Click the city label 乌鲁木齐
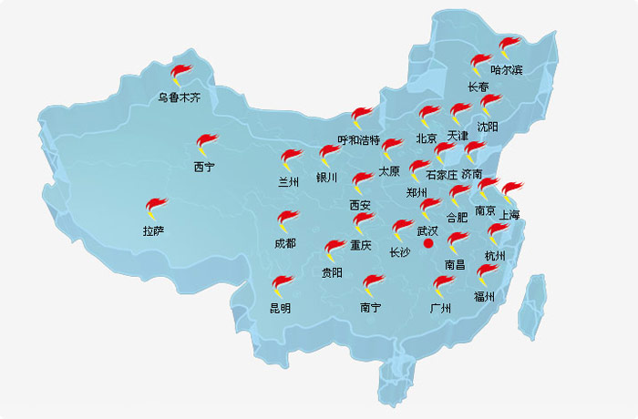(x=178, y=97)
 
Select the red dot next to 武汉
(x=428, y=243)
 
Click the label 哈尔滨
(x=506, y=69)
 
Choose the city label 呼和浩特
(x=358, y=139)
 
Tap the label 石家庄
(x=441, y=174)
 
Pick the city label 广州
(x=440, y=308)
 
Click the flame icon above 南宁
(x=372, y=286)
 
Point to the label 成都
(x=284, y=243)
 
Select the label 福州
(x=483, y=296)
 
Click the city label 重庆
(x=361, y=245)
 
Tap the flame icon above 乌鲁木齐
(x=182, y=73)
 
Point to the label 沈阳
(x=489, y=127)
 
